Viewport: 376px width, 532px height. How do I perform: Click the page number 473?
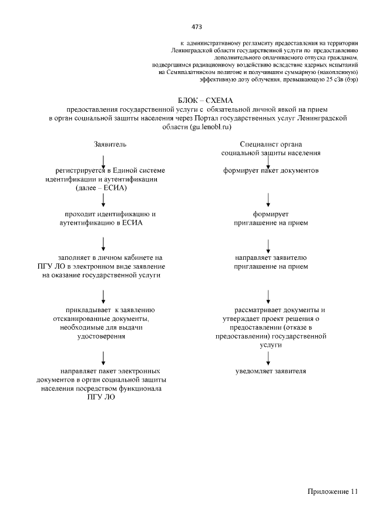(x=197, y=26)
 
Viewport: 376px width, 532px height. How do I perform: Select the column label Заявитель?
(x=110, y=144)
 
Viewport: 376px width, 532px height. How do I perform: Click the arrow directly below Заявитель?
(x=103, y=160)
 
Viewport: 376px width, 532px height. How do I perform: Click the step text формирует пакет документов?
(x=271, y=171)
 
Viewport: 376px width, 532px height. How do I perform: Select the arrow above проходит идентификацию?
(x=103, y=200)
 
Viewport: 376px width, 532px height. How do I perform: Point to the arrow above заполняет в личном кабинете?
(x=103, y=243)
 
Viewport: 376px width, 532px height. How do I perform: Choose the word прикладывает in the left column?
(x=90, y=309)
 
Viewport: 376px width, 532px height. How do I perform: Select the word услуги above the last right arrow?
(x=271, y=345)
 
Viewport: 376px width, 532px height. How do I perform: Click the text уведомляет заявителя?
(x=271, y=372)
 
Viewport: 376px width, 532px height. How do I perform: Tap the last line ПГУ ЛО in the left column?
(x=102, y=397)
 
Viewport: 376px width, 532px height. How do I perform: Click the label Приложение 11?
(x=331, y=491)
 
